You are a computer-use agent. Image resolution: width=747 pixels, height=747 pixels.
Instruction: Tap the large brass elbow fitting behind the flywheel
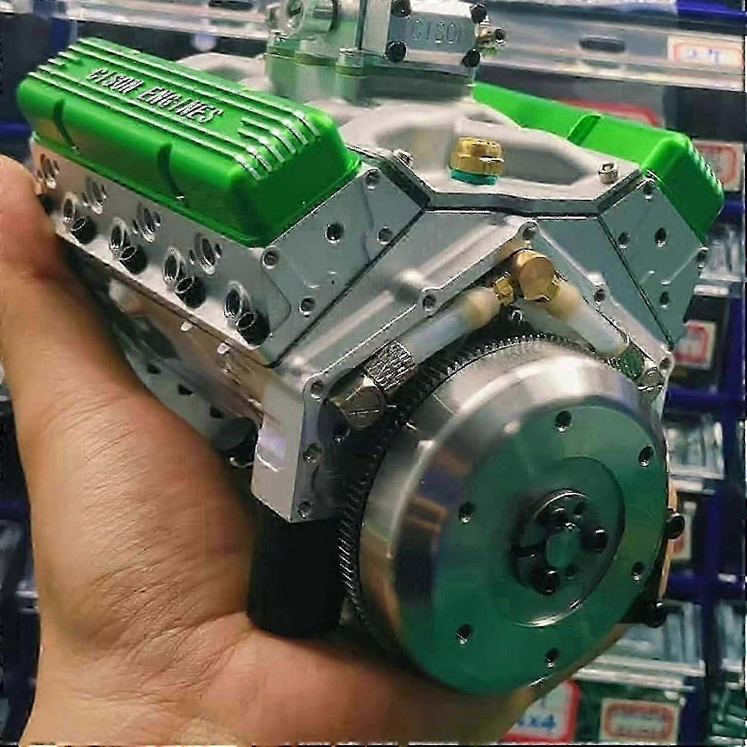point(535,271)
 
